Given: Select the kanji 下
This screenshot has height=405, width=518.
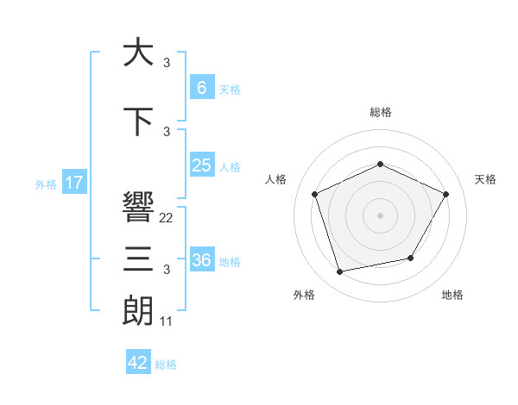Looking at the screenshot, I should pyautogui.click(x=137, y=121).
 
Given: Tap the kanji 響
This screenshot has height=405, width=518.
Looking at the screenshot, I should pyautogui.click(x=138, y=207).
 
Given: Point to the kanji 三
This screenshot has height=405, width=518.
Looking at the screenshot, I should pyautogui.click(x=138, y=259).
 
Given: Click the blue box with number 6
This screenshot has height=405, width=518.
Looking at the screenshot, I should pyautogui.click(x=201, y=87).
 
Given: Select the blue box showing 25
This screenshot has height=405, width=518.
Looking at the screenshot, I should pyautogui.click(x=201, y=165).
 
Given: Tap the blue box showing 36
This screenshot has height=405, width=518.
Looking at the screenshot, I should pyautogui.click(x=201, y=260).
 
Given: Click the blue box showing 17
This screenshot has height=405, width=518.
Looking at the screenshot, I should pyautogui.click(x=73, y=183).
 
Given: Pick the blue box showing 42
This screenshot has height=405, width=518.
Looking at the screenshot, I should pyautogui.click(x=138, y=363).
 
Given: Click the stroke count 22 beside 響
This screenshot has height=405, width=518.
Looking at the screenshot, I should pyautogui.click(x=167, y=218).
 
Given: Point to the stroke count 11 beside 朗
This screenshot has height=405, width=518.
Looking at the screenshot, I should pyautogui.click(x=167, y=321).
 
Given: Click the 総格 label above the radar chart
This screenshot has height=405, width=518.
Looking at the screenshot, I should pyautogui.click(x=381, y=112).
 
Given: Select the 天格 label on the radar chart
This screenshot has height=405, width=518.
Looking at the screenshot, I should pyautogui.click(x=486, y=179).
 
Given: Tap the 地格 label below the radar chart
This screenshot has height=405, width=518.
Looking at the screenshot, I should pyautogui.click(x=452, y=295).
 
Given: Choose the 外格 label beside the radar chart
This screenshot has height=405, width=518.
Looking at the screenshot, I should pyautogui.click(x=304, y=295).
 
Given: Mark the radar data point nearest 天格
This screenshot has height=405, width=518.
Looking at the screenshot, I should pyautogui.click(x=446, y=194).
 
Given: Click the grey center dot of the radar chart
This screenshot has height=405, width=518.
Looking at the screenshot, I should pyautogui.click(x=381, y=215).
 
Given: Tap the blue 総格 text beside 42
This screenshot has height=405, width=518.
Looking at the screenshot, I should pyautogui.click(x=166, y=364).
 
